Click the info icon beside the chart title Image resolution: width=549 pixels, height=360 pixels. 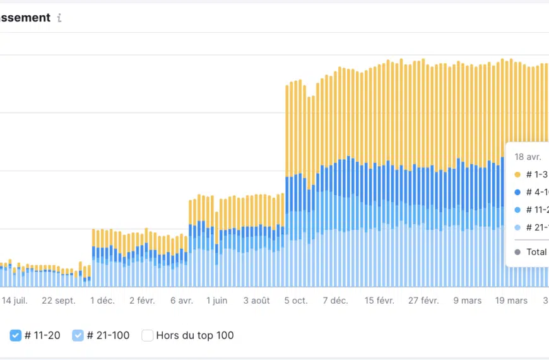pyautogui.click(x=59, y=18)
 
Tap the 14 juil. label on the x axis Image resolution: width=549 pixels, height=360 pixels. pyautogui.click(x=15, y=301)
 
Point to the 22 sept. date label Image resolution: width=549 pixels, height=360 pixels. pyautogui.click(x=59, y=301)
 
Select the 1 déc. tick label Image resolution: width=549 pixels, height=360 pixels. pyautogui.click(x=102, y=301)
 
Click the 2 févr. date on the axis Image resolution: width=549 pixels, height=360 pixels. pyautogui.click(x=142, y=301)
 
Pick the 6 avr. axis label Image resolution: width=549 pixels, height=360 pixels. pyautogui.click(x=182, y=301)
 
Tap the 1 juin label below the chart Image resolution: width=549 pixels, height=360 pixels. pyautogui.click(x=217, y=301)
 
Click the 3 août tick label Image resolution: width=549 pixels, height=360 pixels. pyautogui.click(x=257, y=301)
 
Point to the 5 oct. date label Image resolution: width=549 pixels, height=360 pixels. pyautogui.click(x=296, y=301)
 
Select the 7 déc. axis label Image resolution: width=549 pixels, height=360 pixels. pyautogui.click(x=335, y=301)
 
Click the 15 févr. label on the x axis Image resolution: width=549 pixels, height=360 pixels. pyautogui.click(x=379, y=301)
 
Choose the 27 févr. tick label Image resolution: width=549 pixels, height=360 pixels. pyautogui.click(x=423, y=301)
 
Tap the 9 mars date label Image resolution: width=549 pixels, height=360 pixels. pyautogui.click(x=468, y=301)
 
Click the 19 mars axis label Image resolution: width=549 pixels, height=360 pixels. pyautogui.click(x=511, y=301)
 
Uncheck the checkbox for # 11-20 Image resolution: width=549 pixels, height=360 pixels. pyautogui.click(x=16, y=335)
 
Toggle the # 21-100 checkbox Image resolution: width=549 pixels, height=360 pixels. pyautogui.click(x=78, y=335)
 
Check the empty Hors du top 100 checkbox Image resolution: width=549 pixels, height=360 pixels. pyautogui.click(x=147, y=335)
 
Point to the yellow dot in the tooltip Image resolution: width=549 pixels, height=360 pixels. pyautogui.click(x=517, y=174)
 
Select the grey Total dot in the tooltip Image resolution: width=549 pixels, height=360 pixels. pyautogui.click(x=517, y=252)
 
